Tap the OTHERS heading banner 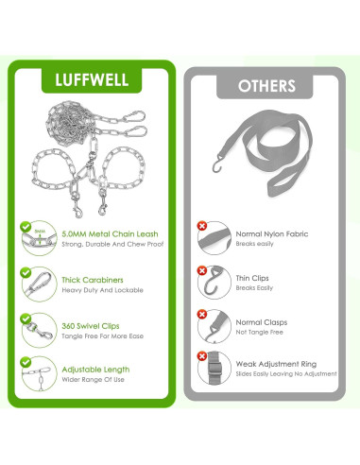coord(266,85)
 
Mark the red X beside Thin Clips coord(201,270)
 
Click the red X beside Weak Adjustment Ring coord(201,356)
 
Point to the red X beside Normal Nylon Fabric coord(201,227)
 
